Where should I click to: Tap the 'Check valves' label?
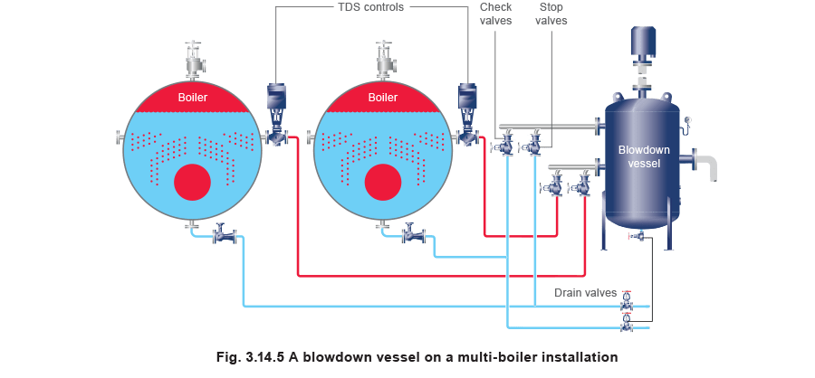click(496, 14)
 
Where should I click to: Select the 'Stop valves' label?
click(551, 14)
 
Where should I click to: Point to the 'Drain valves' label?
click(585, 293)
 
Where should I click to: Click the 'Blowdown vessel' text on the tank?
click(644, 156)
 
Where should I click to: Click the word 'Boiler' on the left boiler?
click(193, 98)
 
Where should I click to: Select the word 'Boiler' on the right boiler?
click(383, 98)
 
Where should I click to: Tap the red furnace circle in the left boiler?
click(192, 183)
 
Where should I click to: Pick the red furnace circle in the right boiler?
click(383, 183)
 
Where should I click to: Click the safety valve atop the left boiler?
click(196, 58)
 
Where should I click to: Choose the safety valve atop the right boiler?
click(386, 58)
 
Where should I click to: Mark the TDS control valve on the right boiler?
click(467, 114)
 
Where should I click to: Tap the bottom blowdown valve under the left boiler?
click(225, 234)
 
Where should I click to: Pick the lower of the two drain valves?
click(628, 322)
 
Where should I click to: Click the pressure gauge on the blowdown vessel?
click(688, 123)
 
